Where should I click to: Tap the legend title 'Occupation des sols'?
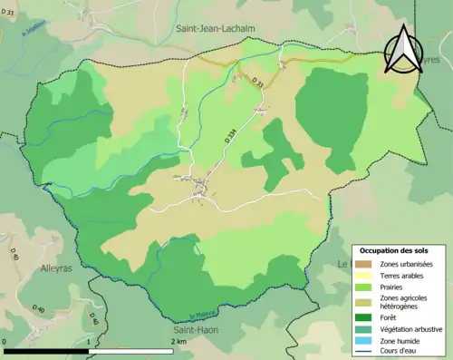(394, 250)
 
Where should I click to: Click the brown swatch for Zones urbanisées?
(367, 264)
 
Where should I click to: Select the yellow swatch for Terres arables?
(367, 276)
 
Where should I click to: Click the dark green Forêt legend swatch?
(367, 316)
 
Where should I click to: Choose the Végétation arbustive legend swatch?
(367, 328)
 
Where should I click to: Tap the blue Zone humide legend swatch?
(367, 340)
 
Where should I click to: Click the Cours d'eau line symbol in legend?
(367, 352)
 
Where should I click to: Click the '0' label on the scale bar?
(5, 342)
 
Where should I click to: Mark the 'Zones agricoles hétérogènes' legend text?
(404, 302)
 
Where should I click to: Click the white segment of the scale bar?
(132, 351)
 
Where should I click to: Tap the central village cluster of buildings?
(203, 189)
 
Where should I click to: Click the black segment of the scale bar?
(45, 351)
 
